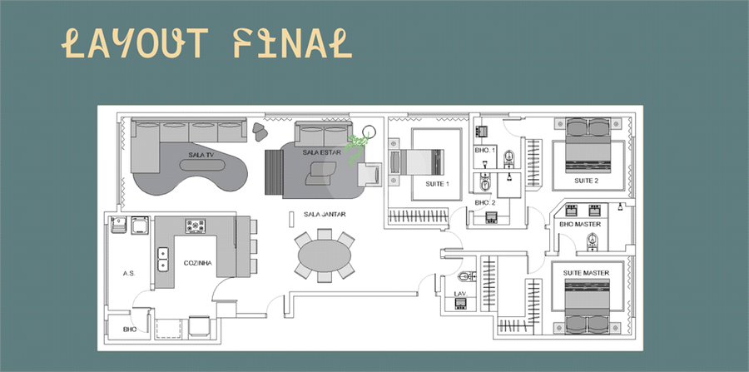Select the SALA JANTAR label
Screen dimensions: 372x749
pyautogui.click(x=325, y=214)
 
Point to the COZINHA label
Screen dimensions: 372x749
pyautogui.click(x=198, y=263)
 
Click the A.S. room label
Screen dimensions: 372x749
pyautogui.click(x=128, y=273)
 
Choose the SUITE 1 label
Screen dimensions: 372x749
pyautogui.click(x=437, y=183)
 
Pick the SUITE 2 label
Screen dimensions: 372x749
pyautogui.click(x=586, y=181)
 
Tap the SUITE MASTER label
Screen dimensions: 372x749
pyautogui.click(x=586, y=273)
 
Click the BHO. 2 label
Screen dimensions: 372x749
pyautogui.click(x=485, y=202)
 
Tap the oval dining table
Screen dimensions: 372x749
pyautogui.click(x=325, y=256)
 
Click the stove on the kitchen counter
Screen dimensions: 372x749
pyautogui.click(x=197, y=225)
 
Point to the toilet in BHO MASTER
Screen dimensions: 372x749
pyautogui.click(x=593, y=242)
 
